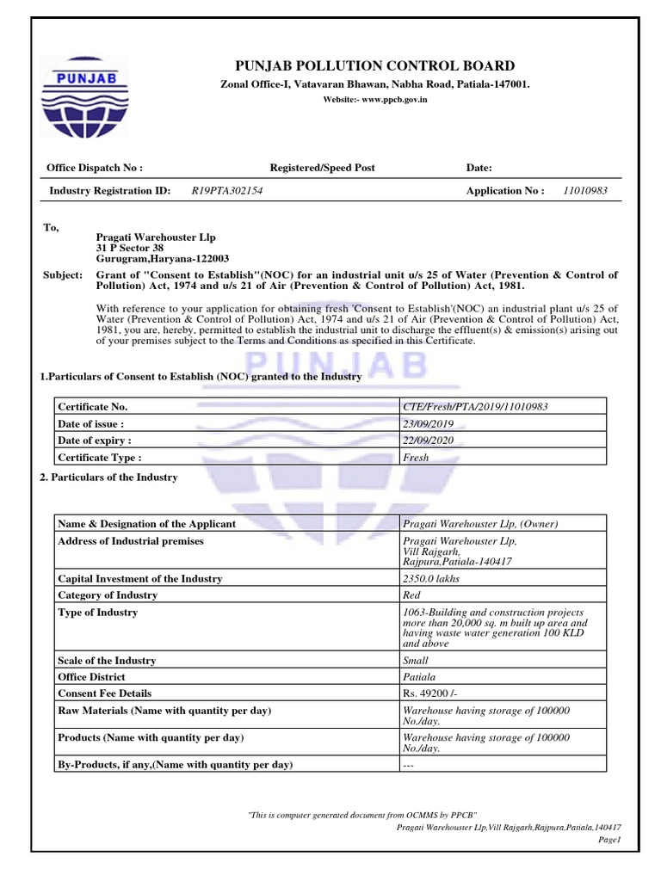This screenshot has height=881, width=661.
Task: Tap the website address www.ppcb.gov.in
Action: point(374,101)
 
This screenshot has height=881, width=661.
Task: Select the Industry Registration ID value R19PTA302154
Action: point(227,191)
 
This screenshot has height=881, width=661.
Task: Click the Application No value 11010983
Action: point(584,191)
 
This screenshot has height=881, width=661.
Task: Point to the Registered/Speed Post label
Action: point(322,168)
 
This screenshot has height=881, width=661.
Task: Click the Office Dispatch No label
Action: point(95,168)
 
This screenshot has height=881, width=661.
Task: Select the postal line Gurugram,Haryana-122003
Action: point(162,259)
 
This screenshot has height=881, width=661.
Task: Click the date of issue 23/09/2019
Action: point(429,423)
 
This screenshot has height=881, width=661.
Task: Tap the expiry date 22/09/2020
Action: point(429,440)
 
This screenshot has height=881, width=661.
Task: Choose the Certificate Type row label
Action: point(99,458)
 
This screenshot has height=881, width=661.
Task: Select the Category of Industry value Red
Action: point(411,595)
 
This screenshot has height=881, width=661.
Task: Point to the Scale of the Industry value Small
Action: point(416,661)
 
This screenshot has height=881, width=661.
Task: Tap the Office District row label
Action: point(92,677)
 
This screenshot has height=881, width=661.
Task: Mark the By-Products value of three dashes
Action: point(409,764)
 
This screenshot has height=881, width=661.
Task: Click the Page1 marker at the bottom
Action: point(608,840)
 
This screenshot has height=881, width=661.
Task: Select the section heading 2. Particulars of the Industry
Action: point(109,477)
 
